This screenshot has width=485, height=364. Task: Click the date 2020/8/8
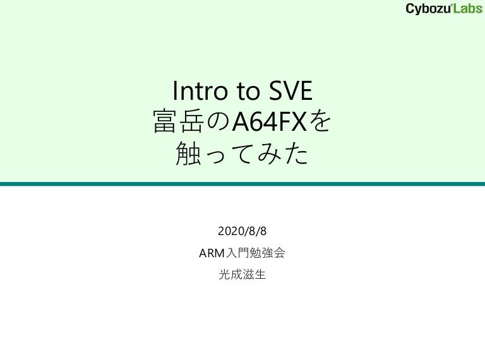pyautogui.click(x=242, y=232)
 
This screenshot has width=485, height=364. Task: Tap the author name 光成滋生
pyautogui.click(x=242, y=275)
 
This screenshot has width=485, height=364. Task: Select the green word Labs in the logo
pyautogui.click(x=467, y=8)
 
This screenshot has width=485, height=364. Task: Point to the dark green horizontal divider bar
pyautogui.click(x=242, y=184)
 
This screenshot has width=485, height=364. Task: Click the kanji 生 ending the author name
pyautogui.click(x=261, y=275)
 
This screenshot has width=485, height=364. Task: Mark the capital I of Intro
pyautogui.click(x=175, y=92)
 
